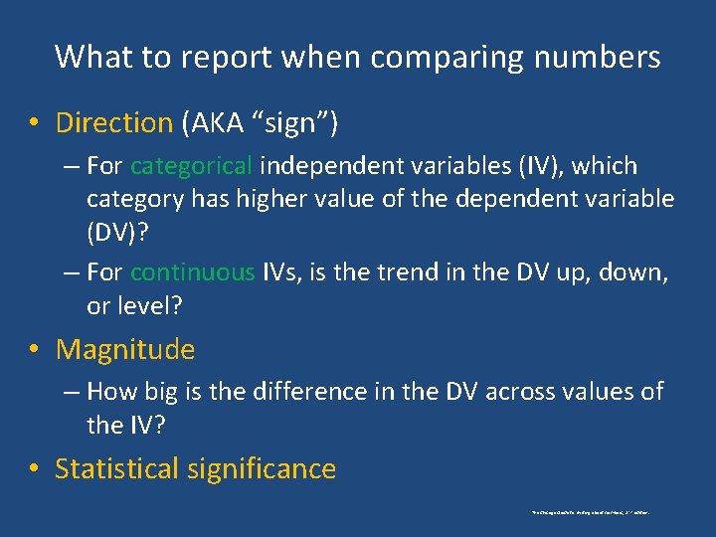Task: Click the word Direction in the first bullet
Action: click(114, 123)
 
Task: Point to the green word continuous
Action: click(192, 272)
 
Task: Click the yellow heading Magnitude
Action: click(125, 350)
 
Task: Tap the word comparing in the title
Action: click(464, 59)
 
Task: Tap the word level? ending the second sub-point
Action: click(134, 306)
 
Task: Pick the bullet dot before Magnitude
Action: click(35, 350)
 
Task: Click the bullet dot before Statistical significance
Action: click(35, 469)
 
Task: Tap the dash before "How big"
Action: click(70, 392)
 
